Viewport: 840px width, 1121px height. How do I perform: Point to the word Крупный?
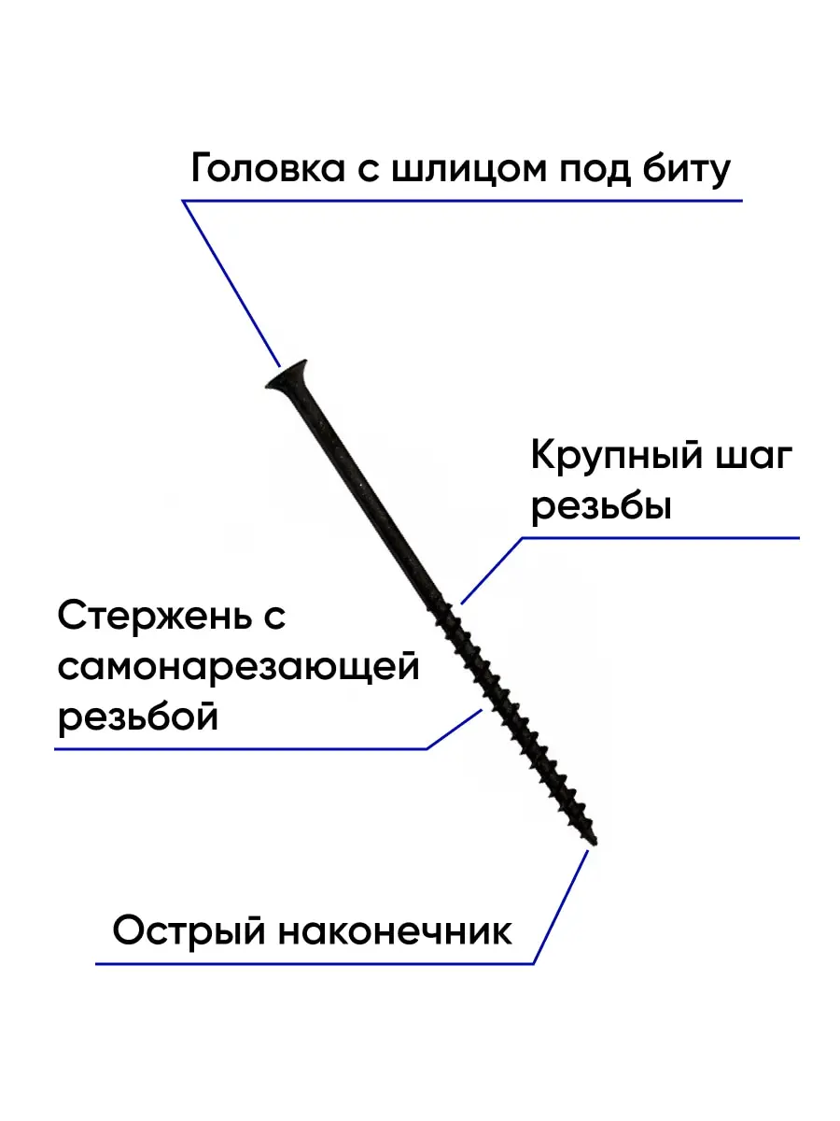tap(615, 460)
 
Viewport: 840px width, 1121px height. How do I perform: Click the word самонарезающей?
tap(238, 669)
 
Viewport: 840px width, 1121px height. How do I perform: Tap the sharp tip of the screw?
tap(594, 841)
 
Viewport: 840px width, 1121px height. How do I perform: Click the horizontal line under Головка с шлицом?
tap(462, 201)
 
